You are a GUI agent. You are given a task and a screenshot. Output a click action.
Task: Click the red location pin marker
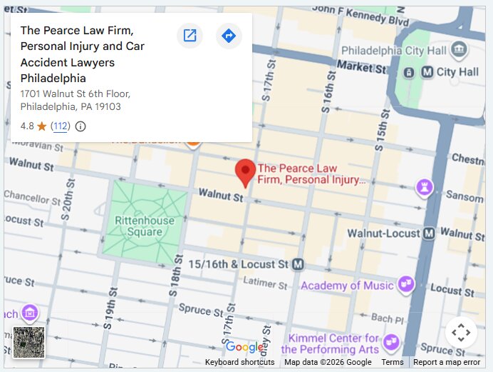tap(245, 172)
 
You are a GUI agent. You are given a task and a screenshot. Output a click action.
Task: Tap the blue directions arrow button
tap(228, 36)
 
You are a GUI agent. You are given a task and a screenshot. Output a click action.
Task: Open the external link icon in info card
tap(190, 36)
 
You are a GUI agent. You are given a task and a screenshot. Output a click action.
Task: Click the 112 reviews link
tap(61, 126)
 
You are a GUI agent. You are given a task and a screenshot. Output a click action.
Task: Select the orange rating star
tap(42, 126)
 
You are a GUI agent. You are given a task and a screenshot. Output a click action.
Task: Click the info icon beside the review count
tap(81, 126)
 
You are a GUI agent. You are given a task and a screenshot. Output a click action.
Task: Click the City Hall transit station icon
tap(427, 72)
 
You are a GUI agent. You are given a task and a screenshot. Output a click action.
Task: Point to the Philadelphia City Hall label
tap(394, 51)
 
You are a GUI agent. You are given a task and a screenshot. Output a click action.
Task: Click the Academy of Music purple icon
tap(406, 285)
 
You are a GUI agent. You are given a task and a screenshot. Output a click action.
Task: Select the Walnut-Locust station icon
tap(429, 233)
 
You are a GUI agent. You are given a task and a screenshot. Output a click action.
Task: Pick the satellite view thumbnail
tap(29, 342)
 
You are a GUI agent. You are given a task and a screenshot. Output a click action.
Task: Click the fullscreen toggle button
tap(461, 332)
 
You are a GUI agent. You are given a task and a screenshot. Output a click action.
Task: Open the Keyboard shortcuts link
tap(239, 362)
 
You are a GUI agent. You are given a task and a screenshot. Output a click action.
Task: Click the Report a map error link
tap(447, 362)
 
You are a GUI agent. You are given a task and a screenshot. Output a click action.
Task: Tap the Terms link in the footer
tap(393, 362)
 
